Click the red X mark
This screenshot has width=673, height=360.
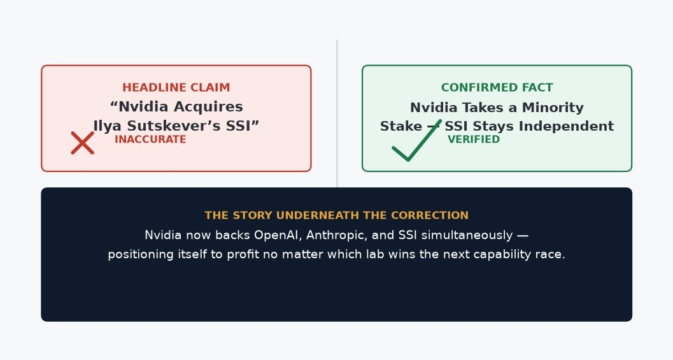coord(82,143)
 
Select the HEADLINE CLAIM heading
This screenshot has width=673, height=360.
coord(176,88)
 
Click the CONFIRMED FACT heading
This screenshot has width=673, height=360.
coord(497,88)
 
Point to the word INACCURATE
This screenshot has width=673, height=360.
coord(150,139)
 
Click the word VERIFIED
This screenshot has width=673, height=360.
coord(474,139)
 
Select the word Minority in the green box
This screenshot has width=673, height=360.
coord(553,108)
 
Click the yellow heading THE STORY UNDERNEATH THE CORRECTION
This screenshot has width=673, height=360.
coord(336,215)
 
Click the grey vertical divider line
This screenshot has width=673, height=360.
coord(337,113)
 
